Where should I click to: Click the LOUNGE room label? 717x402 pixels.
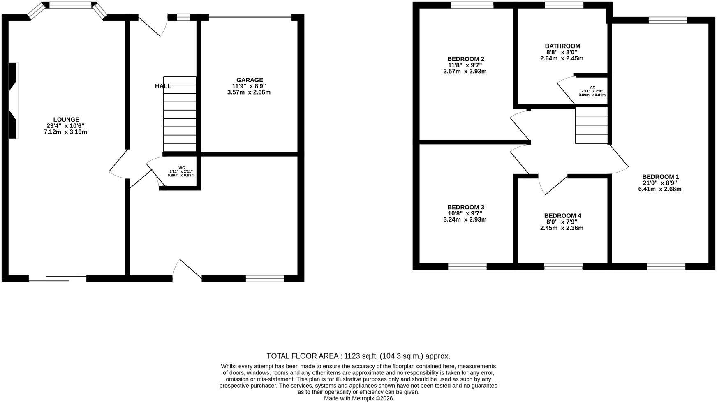(x=66, y=120)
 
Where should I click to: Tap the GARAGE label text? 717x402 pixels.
(x=250, y=80)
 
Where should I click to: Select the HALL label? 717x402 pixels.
(x=163, y=86)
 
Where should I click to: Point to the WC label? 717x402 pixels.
(x=182, y=168)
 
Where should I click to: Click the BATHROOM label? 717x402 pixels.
(x=562, y=46)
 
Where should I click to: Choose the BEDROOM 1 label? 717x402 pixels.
(x=661, y=177)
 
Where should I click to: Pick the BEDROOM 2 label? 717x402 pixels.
(x=466, y=59)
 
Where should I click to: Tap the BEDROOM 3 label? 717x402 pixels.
(x=466, y=207)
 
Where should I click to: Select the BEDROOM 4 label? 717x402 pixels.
(x=562, y=216)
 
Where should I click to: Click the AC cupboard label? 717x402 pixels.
(x=592, y=87)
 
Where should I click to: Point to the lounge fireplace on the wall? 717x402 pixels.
(x=13, y=100)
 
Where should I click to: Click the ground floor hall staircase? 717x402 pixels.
(x=180, y=114)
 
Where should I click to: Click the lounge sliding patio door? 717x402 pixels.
(x=58, y=278)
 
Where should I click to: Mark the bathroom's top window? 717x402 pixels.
(x=564, y=5)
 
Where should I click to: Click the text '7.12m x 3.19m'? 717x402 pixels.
(x=66, y=132)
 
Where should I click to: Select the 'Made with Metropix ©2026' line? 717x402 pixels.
(x=358, y=398)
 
